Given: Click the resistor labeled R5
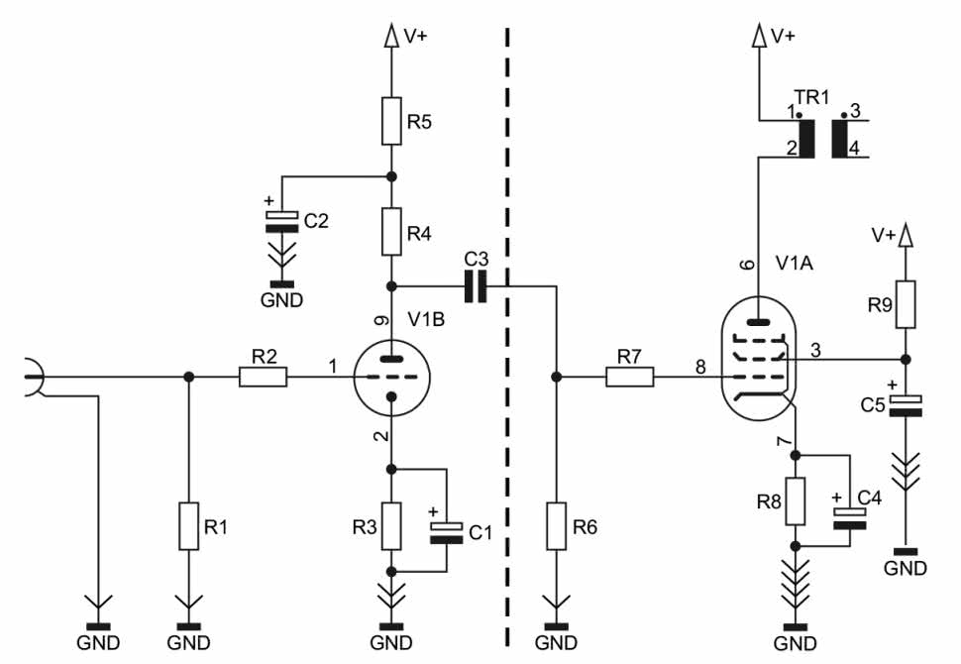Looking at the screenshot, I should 391,122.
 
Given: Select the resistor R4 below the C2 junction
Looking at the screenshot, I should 391,231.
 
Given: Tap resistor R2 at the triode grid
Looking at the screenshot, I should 263,377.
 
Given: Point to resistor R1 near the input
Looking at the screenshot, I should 188,526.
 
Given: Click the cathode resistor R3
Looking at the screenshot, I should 391,526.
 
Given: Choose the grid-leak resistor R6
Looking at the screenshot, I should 556,526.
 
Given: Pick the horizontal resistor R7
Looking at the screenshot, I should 629,377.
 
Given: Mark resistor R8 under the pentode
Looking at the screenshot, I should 795,501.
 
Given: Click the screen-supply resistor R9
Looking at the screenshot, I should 904,305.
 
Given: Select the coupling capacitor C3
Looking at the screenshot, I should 478,286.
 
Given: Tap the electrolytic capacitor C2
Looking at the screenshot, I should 282,220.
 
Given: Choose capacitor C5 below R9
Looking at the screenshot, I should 904,404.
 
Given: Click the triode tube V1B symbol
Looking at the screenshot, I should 392,377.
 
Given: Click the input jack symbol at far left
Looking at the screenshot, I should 34,380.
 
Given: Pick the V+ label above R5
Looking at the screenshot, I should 416,36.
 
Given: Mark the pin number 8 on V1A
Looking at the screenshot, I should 700,368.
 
